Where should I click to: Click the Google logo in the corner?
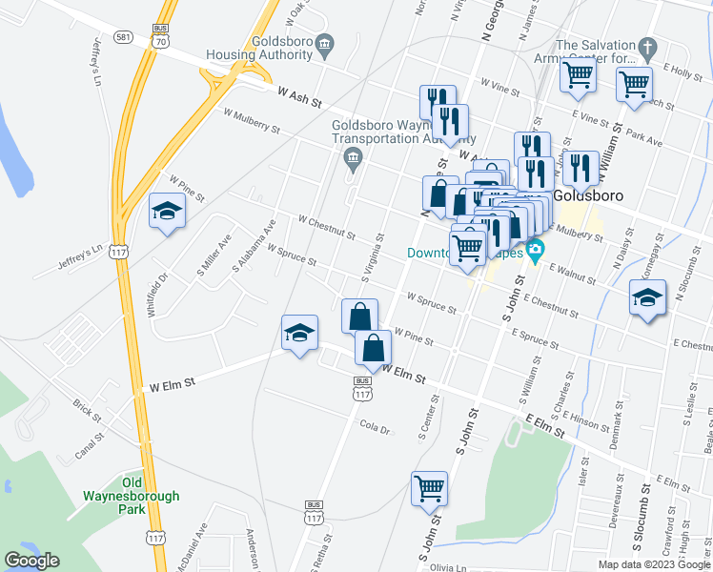[x=31, y=561]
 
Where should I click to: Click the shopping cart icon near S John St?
[x=430, y=489]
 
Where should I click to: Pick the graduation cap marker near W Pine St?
[x=167, y=212]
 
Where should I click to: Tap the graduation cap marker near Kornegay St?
[x=647, y=298]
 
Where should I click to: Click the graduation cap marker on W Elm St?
[x=299, y=334]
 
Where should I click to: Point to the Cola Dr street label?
[x=374, y=429]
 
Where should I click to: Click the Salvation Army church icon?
[x=646, y=46]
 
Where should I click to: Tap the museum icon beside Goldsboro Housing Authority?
[x=325, y=44]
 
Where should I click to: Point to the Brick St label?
[x=87, y=410]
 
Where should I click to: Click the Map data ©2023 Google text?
[x=653, y=563]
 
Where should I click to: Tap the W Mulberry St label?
[x=252, y=120]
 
